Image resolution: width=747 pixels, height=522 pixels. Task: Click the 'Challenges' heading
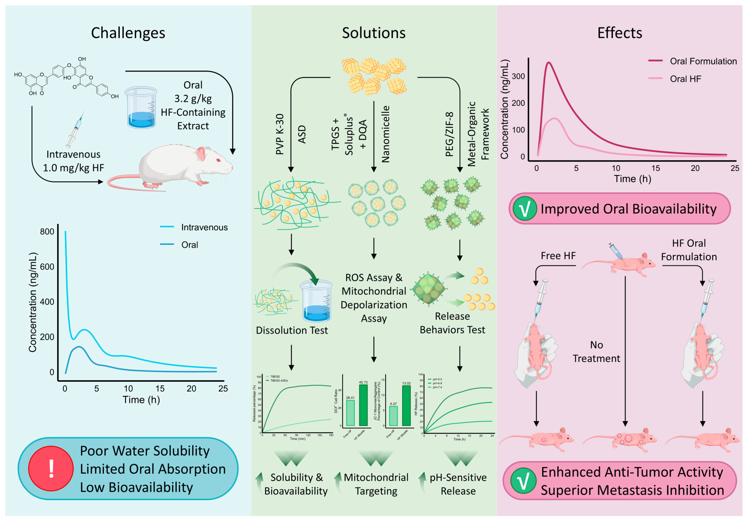128,33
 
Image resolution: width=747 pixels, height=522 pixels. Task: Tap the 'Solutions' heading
373,33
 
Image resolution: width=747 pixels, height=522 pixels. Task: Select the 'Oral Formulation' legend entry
703,61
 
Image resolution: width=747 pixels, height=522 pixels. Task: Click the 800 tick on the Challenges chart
47,232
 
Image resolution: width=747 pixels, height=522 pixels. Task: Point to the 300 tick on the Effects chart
518,76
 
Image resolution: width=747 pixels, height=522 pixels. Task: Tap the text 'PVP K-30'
280,134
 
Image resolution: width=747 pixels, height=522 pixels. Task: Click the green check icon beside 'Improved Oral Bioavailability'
524,209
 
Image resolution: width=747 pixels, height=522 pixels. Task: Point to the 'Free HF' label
558,256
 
